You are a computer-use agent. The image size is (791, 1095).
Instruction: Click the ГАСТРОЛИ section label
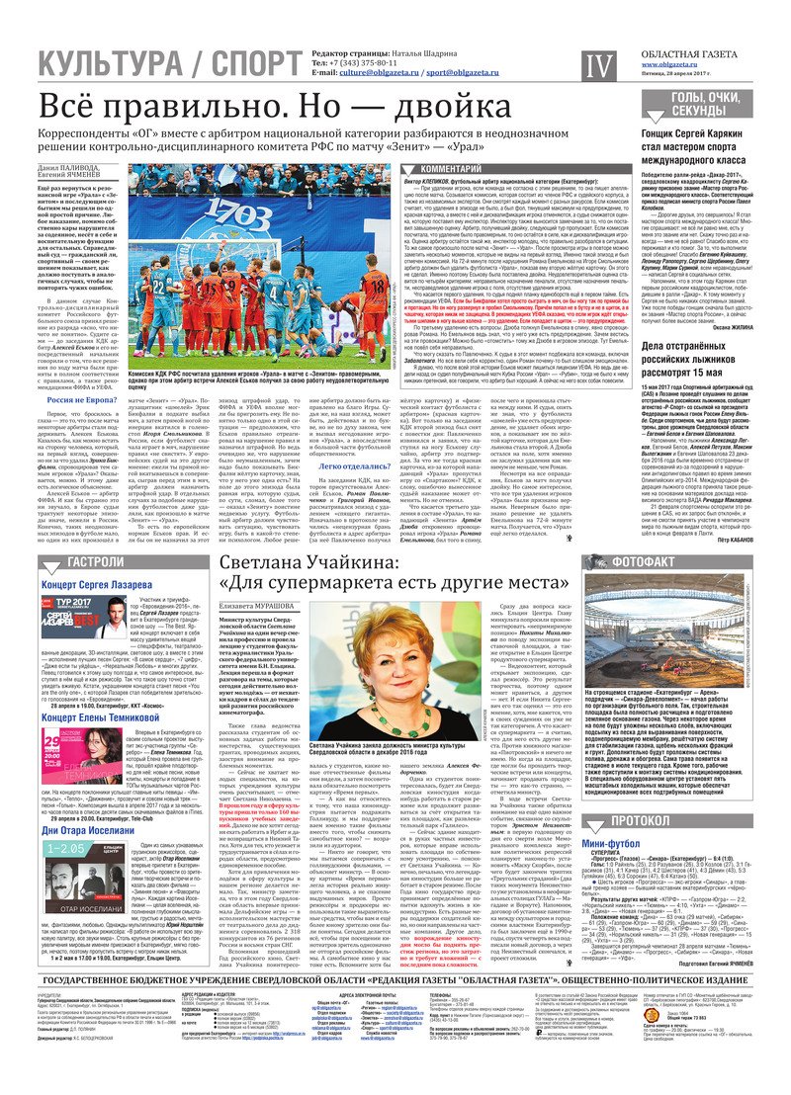click(68, 562)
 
